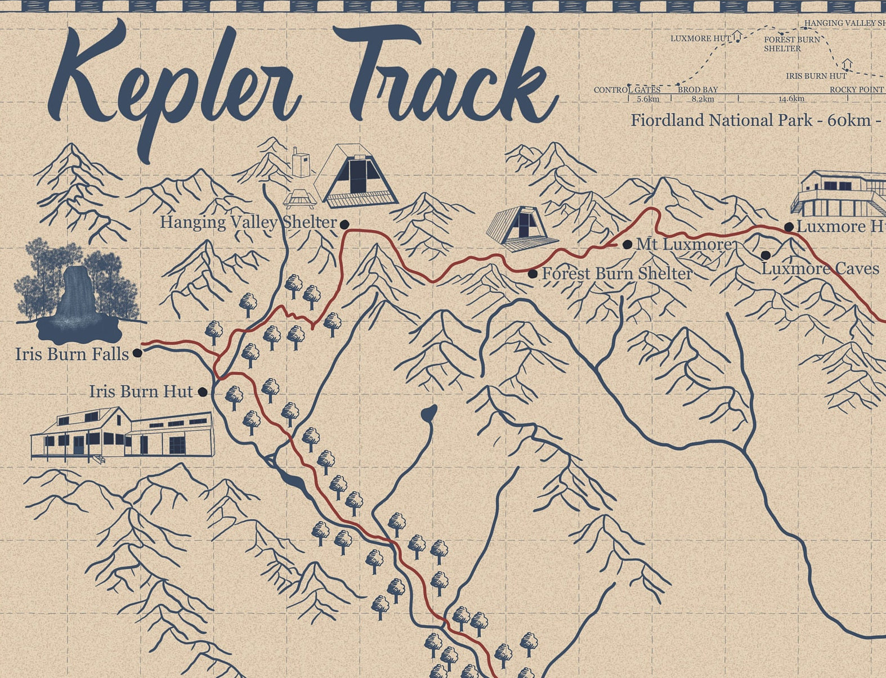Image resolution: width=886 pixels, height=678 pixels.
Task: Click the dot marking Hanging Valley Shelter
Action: (344, 224)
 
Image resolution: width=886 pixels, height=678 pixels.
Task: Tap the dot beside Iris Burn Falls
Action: (137, 354)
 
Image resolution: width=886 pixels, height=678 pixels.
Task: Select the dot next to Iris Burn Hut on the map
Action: (203, 392)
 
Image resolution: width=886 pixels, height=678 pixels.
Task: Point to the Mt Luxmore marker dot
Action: (627, 245)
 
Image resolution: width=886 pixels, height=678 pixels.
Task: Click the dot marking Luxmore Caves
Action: (766, 255)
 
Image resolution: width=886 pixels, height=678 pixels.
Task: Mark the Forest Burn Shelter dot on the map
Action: (533, 274)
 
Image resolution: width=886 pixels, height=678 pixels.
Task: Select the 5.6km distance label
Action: (648, 99)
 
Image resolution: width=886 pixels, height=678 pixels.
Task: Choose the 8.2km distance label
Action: (703, 99)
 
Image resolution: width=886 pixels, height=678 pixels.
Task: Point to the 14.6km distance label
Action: (791, 99)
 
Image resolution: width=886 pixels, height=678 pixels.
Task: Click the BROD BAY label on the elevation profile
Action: (698, 89)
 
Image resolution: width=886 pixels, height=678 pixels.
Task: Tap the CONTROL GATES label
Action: (627, 90)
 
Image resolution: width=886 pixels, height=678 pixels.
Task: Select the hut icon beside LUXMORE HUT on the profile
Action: (737, 37)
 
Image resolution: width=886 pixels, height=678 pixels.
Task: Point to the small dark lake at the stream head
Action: (429, 414)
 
